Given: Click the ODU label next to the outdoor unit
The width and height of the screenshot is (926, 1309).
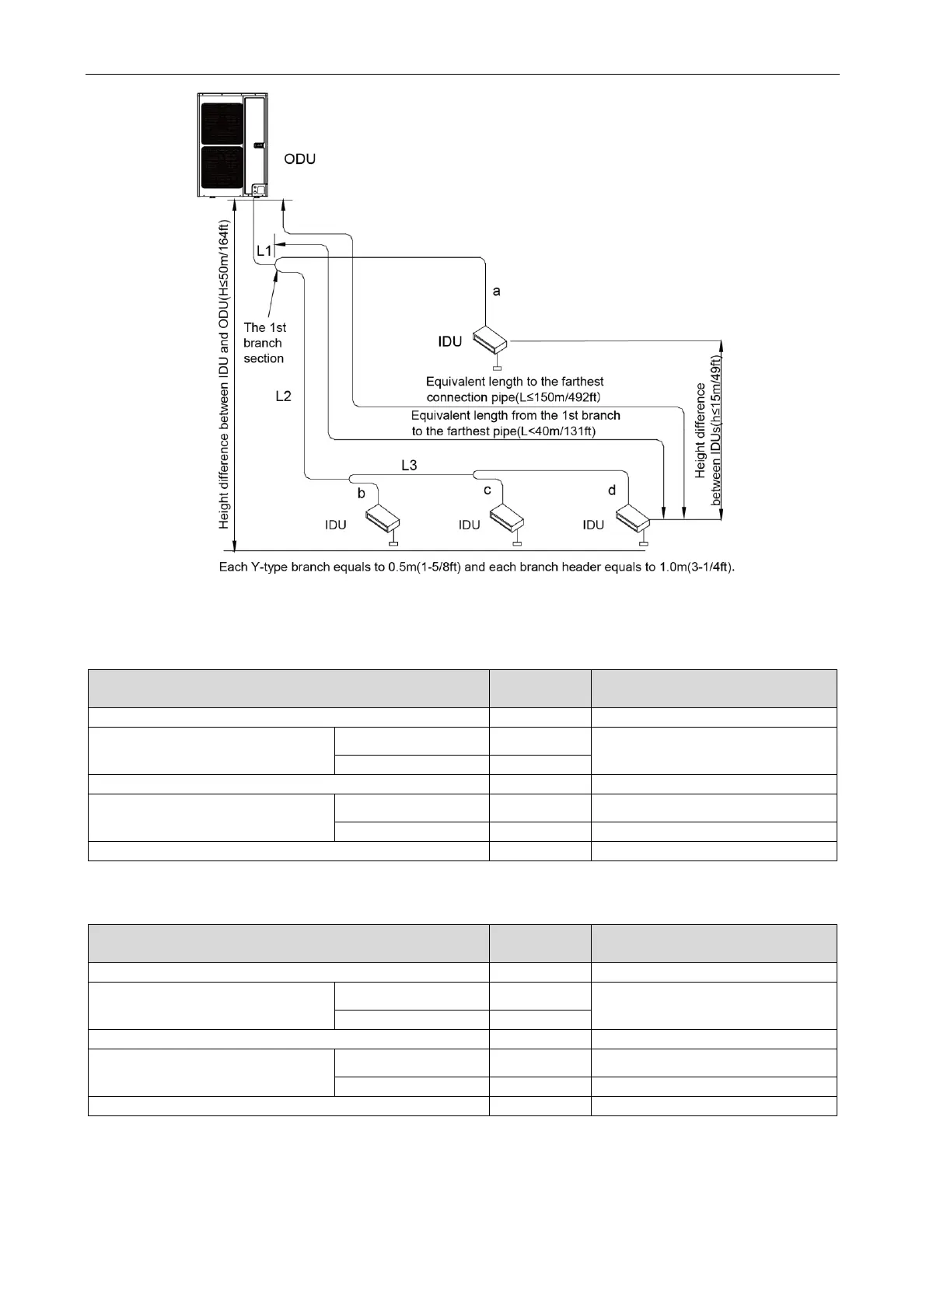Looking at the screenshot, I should tap(299, 159).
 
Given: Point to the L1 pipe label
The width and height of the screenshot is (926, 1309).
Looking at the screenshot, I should tap(264, 251).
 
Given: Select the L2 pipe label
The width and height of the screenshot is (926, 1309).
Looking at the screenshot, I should tap(283, 396).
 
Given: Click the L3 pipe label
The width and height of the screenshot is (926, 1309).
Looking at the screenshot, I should tap(409, 466).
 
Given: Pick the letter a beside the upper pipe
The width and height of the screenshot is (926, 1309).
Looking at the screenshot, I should tap(497, 291).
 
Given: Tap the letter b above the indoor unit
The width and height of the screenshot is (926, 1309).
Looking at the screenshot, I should tap(361, 494).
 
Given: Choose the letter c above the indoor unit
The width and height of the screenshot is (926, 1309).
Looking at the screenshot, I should tap(487, 490).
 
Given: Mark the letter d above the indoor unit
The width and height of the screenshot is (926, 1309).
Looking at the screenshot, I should tap(612, 490).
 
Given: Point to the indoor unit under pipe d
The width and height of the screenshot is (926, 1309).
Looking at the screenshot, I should tap(633, 516).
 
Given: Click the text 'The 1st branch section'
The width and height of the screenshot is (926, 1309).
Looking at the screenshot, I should tap(264, 343).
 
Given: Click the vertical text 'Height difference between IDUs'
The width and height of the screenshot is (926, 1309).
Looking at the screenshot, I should tap(708, 431).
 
